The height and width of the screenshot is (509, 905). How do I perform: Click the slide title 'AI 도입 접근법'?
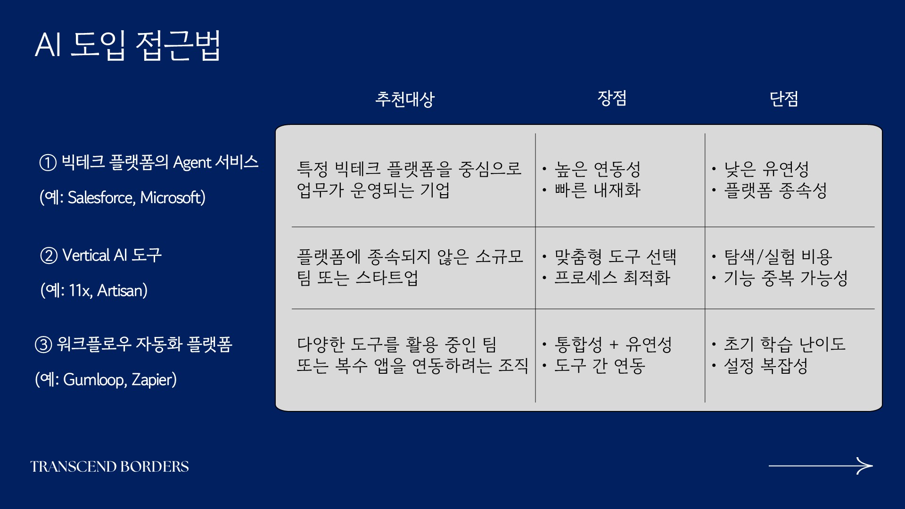click(128, 45)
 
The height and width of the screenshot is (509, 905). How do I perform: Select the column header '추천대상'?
click(405, 99)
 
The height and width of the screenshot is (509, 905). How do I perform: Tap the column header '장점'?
click(612, 98)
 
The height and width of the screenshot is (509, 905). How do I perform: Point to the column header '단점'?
click(784, 99)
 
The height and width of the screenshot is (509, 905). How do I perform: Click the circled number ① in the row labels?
click(48, 163)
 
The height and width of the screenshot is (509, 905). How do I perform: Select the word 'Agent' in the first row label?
click(192, 163)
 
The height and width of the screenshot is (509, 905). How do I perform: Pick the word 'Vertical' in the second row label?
click(86, 255)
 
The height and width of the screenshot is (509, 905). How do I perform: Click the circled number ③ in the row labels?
click(43, 345)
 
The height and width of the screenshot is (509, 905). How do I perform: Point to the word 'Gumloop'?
click(94, 379)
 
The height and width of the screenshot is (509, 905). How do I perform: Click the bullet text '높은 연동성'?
click(598, 169)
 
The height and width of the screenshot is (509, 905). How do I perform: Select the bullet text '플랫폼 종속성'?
click(776, 190)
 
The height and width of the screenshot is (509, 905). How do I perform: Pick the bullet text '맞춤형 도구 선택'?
click(616, 257)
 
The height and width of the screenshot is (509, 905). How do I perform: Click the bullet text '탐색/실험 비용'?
click(778, 257)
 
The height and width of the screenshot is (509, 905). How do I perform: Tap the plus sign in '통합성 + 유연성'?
click(614, 345)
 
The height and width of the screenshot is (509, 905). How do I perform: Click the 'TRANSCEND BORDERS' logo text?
click(110, 467)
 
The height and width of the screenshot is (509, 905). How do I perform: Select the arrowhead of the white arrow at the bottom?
click(865, 466)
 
